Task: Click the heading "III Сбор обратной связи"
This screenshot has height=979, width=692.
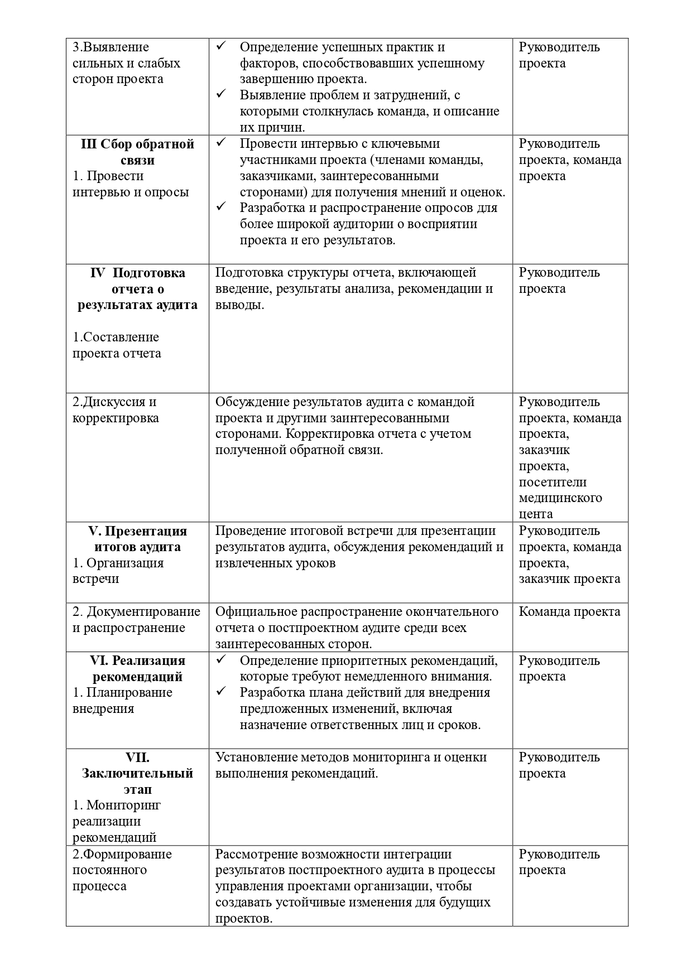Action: coord(137,152)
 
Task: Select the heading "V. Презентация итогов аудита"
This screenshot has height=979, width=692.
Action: coord(137,539)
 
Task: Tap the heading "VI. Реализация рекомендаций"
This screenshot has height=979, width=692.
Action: coord(137,668)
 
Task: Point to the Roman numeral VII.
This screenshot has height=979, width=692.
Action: coord(137,757)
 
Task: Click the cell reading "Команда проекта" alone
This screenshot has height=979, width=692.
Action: coord(569,611)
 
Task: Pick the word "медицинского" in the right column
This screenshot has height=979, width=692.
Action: coord(560,498)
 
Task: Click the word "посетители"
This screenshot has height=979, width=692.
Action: coord(552,482)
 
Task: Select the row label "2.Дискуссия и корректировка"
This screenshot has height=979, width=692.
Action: coord(116,410)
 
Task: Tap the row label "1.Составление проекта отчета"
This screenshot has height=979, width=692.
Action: coord(117,345)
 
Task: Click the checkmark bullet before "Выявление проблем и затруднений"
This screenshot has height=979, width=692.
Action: coord(221,94)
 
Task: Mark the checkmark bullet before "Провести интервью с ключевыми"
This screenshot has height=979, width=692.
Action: coord(221,143)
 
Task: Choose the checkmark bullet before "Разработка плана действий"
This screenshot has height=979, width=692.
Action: coord(221,692)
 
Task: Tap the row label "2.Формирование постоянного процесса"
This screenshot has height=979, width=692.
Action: coord(122,870)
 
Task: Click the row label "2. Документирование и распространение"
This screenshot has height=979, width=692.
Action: coord(136,620)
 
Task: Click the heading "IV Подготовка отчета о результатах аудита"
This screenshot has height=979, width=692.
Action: coord(137,289)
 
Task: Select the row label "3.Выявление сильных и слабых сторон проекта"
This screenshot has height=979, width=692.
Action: coord(126,63)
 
